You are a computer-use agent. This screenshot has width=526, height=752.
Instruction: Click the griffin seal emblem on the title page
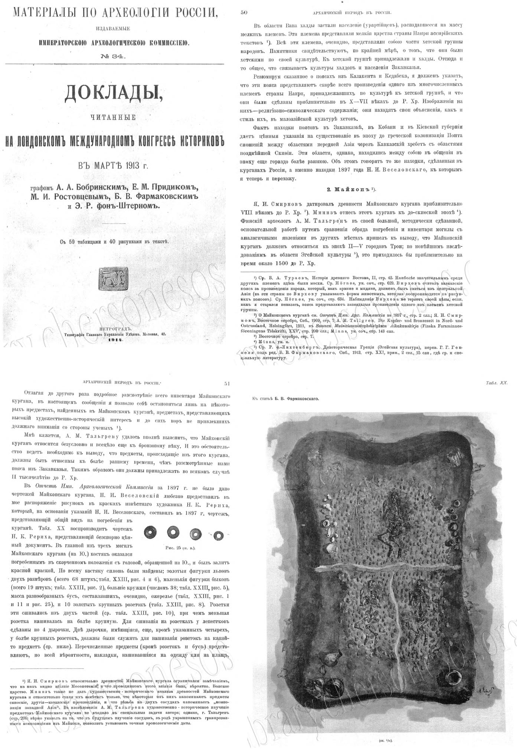pos(114,278)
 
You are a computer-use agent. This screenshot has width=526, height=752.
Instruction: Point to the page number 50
pos(244,12)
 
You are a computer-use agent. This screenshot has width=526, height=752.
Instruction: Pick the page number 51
pos(228,384)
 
